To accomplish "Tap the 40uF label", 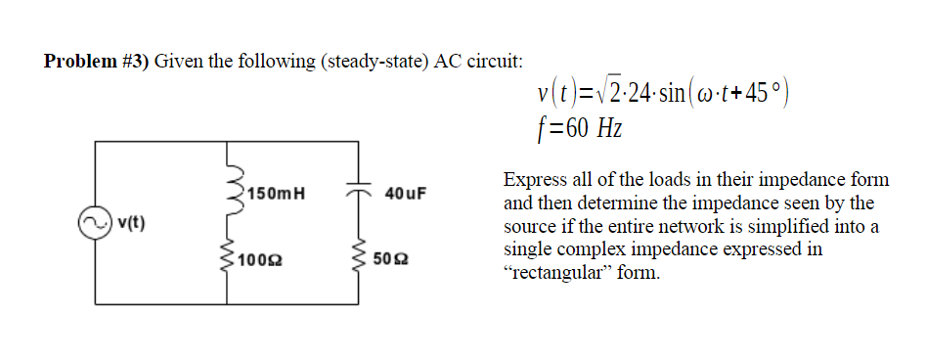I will click(x=406, y=192).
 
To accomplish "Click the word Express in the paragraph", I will click(x=533, y=180).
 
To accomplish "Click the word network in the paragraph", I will click(x=696, y=226).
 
